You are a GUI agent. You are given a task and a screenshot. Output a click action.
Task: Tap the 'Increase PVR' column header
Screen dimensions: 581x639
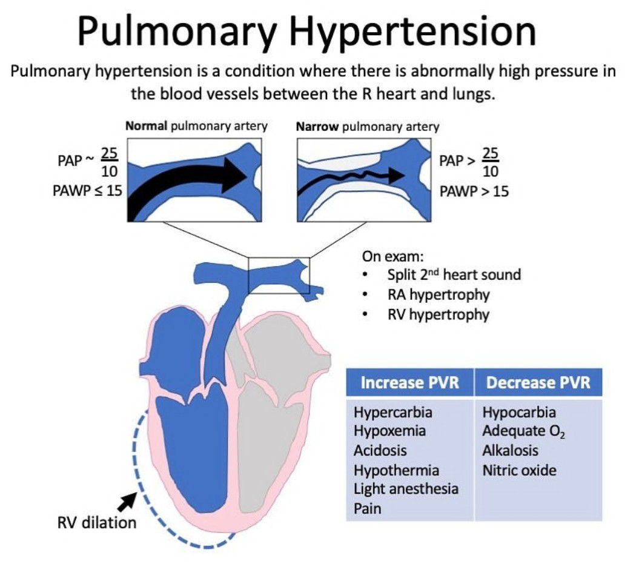tap(409, 383)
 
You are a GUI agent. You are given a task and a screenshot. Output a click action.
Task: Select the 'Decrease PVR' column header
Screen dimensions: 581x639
tap(538, 383)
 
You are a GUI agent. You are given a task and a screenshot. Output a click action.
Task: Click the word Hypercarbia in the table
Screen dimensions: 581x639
tap(393, 413)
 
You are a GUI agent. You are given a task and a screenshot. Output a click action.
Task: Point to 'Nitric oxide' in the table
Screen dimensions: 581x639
tap(519, 470)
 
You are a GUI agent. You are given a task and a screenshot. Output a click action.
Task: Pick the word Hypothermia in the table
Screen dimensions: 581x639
tap(396, 470)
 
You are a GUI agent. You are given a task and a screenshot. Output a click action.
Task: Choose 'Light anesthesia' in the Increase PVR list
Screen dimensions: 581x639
tap(406, 489)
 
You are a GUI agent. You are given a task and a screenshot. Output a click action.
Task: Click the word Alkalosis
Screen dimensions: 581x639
tap(510, 451)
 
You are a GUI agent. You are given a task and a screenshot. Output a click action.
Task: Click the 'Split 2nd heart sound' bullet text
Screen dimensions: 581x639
tap(454, 275)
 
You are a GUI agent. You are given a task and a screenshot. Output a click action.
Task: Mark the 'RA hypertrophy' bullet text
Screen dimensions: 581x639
tap(439, 295)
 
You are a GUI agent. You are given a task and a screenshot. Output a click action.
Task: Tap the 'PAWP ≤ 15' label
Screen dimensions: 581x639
tap(87, 191)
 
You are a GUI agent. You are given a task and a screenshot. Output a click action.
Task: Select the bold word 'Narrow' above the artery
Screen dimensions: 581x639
tap(317, 127)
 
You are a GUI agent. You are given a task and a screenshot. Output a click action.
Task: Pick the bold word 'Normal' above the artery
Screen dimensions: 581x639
tap(146, 127)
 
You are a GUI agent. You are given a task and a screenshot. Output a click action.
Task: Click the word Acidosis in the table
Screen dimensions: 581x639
tap(380, 451)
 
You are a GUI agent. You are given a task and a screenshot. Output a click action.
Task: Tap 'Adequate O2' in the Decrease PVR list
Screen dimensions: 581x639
tap(525, 432)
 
